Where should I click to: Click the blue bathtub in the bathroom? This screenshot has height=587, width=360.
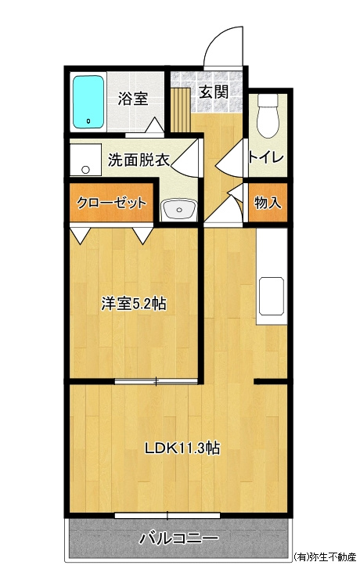pyautogui.click(x=88, y=102)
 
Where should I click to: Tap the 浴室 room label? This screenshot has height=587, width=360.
pyautogui.click(x=133, y=99)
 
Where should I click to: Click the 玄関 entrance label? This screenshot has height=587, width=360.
pyautogui.click(x=214, y=92)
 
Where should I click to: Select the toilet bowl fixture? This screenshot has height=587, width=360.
pyautogui.click(x=268, y=116)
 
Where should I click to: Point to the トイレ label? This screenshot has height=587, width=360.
pyautogui.click(x=266, y=157)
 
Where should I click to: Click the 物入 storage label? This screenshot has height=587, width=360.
pyautogui.click(x=268, y=203)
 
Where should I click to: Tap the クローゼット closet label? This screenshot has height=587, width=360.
pyautogui.click(x=111, y=203)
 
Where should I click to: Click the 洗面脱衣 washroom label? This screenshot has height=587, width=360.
pyautogui.click(x=139, y=160)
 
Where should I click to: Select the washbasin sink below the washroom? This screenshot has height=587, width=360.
pyautogui.click(x=179, y=210)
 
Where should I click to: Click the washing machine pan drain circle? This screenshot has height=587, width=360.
pyautogui.click(x=86, y=170)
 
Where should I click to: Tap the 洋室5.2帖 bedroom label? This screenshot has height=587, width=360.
pyautogui.click(x=134, y=304)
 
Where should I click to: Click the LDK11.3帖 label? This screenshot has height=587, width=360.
pyautogui.click(x=182, y=448)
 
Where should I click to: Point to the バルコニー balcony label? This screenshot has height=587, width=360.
pyautogui.click(x=179, y=538)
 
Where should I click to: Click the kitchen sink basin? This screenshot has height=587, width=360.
pyautogui.click(x=272, y=296)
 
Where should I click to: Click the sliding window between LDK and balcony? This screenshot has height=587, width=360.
pyautogui.click(x=167, y=517)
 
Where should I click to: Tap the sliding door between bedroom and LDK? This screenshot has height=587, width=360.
pyautogui.click(x=156, y=381)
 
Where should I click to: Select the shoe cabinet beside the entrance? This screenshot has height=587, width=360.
pyautogui.click(x=181, y=110)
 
